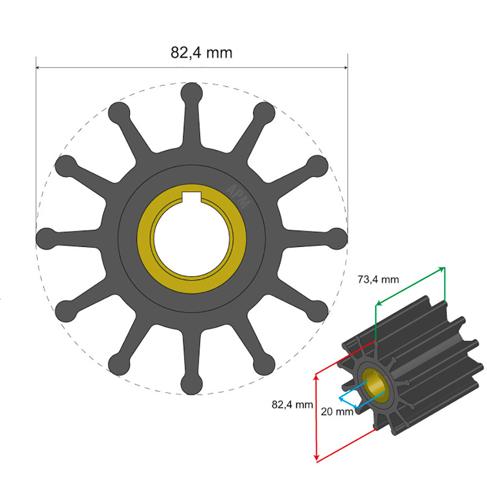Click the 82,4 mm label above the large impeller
coord(201,52)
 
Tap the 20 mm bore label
coord(337,412)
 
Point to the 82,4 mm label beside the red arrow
coord(292,404)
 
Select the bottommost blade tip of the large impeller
coord(191,384)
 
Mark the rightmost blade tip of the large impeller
coord(337,238)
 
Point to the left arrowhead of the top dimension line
coord(38,68)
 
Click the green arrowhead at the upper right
coord(442,268)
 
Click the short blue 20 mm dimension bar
coord(348,402)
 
